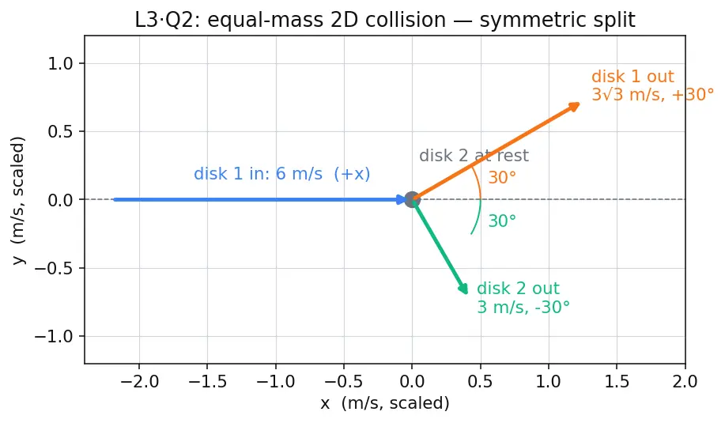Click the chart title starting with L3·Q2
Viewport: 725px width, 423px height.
click(x=385, y=20)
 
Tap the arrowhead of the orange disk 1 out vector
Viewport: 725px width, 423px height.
click(x=574, y=107)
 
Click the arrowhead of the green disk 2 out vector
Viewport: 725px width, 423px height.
click(x=463, y=288)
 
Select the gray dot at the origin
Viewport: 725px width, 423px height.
click(x=412, y=200)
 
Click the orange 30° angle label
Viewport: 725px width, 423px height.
click(x=502, y=178)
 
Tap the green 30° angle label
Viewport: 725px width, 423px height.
click(x=502, y=221)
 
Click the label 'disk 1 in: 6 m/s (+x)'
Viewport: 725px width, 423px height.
click(x=281, y=174)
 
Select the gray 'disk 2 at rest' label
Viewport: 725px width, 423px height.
click(x=474, y=155)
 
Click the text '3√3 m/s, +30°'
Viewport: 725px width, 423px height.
click(x=653, y=94)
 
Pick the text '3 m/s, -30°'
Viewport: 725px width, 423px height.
click(x=523, y=307)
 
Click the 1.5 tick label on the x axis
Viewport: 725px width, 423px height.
click(x=617, y=382)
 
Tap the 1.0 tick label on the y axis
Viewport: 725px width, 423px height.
click(x=60, y=64)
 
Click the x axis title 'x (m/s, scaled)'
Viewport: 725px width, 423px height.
click(x=385, y=403)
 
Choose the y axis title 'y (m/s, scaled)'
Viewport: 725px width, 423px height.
click(x=18, y=200)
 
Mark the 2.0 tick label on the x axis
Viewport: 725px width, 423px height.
click(x=685, y=382)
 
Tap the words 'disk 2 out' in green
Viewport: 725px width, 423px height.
click(x=519, y=289)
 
